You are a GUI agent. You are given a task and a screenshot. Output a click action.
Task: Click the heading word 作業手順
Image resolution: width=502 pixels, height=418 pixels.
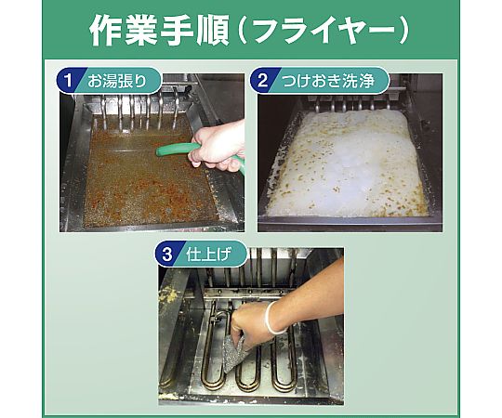[159, 31]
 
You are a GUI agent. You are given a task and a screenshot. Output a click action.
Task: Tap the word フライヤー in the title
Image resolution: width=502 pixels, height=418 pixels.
[324, 31]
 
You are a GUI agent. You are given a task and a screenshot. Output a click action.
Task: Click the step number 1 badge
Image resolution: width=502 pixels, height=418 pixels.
[68, 80]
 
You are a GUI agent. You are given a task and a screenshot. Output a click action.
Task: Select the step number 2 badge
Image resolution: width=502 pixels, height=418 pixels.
[262, 80]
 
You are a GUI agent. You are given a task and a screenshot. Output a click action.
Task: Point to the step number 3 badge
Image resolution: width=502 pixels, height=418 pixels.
[167, 255]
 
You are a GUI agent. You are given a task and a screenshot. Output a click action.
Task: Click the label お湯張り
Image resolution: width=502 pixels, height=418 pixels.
[117, 80]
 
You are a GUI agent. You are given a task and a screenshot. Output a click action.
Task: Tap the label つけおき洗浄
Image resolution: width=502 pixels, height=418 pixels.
[328, 80]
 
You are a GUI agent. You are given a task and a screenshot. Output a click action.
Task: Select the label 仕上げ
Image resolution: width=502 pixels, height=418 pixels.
[209, 255]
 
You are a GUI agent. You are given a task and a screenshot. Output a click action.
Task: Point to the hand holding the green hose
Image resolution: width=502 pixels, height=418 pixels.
[218, 147]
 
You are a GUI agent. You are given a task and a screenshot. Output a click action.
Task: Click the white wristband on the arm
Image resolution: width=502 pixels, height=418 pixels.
[272, 319]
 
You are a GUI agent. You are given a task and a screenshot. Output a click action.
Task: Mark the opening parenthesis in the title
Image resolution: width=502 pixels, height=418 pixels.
[242, 31]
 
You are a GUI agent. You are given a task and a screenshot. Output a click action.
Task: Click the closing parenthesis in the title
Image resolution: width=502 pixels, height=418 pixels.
[404, 31]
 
